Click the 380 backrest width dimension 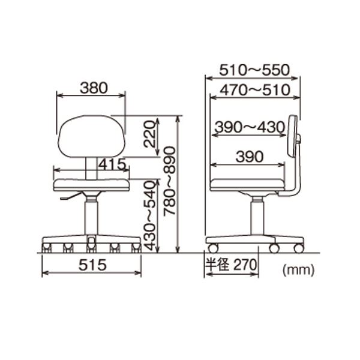pos(94,88)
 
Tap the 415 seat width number pos(113,164)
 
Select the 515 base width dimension pos(92,265)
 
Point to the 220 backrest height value pos(149,134)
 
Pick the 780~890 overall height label pos(169,181)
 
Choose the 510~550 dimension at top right pos(254,70)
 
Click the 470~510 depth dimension pos(255,90)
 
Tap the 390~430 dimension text pos(250,127)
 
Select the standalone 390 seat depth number pos(250,157)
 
